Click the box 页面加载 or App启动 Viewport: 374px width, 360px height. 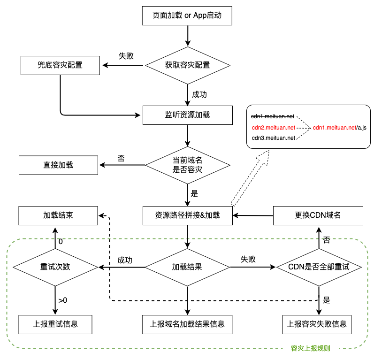click(187, 15)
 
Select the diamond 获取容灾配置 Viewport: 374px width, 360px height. click(187, 65)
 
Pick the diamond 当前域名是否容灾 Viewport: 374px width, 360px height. click(187, 165)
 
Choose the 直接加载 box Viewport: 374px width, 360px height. click(58, 165)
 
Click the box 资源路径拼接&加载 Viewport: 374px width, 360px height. click(187, 215)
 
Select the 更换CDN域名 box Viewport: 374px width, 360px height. click(318, 215)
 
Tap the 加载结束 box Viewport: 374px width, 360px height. click(58, 215)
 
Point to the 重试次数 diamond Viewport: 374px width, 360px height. click(55, 267)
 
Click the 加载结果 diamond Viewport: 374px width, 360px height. click(187, 267)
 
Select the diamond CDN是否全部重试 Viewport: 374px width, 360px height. click(319, 267)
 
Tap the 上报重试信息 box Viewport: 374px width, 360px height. click(55, 324)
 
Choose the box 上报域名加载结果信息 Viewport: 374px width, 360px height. click(187, 324)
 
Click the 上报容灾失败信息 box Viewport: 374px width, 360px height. click(319, 324)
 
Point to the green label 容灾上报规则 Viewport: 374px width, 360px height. click(310, 349)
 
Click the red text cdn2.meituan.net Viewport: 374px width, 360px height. click(274, 127)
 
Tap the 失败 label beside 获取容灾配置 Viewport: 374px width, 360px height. click(126, 56)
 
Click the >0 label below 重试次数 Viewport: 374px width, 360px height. click(63, 300)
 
